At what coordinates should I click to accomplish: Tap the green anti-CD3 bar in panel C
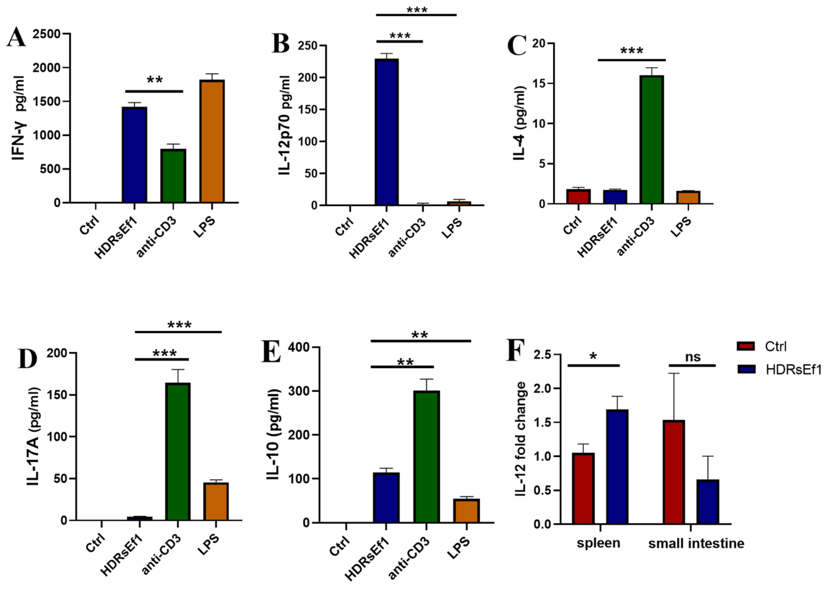click(651, 139)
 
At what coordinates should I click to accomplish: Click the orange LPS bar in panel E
click(466, 511)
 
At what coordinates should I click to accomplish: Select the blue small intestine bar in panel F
click(708, 502)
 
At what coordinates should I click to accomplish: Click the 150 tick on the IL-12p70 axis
click(308, 110)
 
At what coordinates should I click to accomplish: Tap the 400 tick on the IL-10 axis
click(299, 347)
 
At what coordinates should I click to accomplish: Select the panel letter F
click(515, 350)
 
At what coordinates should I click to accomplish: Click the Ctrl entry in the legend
click(775, 346)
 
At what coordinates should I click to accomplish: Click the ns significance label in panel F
click(692, 357)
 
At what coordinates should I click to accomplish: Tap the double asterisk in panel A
click(155, 80)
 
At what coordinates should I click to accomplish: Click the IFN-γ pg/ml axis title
click(18, 118)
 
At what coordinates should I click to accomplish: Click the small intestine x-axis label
click(696, 544)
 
